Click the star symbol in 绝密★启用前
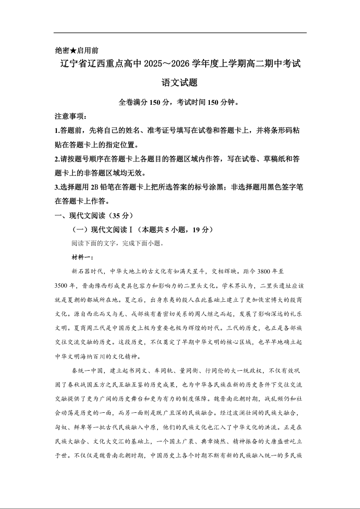point(74,50)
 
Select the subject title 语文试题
point(180,83)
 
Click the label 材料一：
point(83,258)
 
